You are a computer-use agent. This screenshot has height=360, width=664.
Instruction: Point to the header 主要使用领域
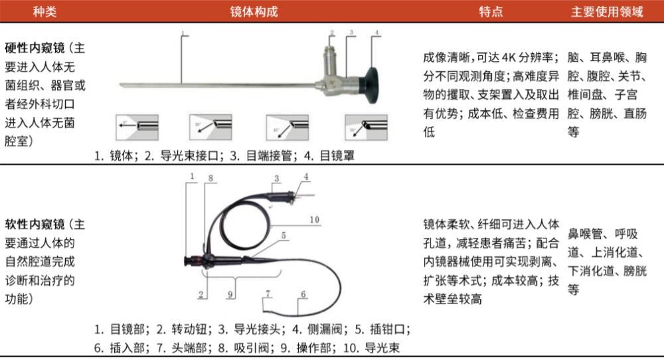tap(607, 11)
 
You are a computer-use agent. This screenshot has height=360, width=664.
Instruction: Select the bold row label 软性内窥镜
tap(35, 223)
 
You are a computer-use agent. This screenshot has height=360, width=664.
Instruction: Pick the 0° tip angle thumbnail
tap(137, 126)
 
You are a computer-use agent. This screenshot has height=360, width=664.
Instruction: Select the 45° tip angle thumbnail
tap(287, 126)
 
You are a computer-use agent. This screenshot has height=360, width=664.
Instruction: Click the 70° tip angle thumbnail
tap(365, 126)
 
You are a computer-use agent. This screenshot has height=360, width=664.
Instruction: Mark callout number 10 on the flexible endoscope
tap(315, 219)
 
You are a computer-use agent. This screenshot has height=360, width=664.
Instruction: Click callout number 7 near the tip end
tap(268, 293)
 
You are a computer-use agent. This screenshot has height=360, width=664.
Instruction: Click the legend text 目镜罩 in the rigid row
tap(337, 157)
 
